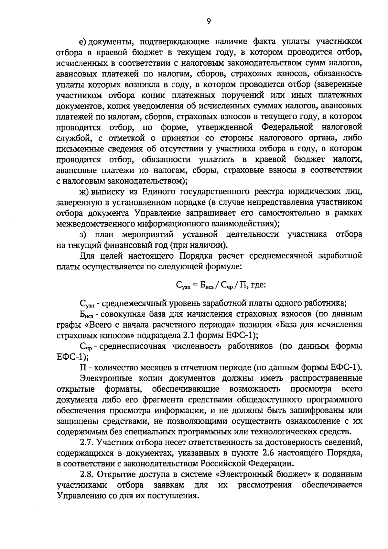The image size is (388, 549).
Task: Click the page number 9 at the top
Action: tap(209, 21)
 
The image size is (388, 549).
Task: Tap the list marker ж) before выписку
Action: tap(84, 192)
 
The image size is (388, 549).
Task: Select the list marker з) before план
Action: tap(83, 234)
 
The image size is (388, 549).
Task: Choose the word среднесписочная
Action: tap(133, 346)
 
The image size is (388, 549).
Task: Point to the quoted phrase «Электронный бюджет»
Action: tap(262, 474)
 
